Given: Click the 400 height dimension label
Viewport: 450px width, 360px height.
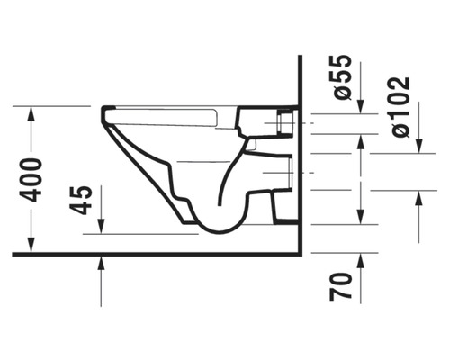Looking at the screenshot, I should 32,179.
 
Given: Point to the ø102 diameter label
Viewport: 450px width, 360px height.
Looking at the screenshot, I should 400,107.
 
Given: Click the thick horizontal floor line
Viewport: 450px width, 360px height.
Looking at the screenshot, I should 153,254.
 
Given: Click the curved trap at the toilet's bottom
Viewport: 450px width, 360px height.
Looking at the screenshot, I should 216,220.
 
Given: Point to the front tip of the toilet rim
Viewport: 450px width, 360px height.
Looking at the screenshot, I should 103,115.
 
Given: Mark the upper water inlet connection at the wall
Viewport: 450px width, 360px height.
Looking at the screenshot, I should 270,121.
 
